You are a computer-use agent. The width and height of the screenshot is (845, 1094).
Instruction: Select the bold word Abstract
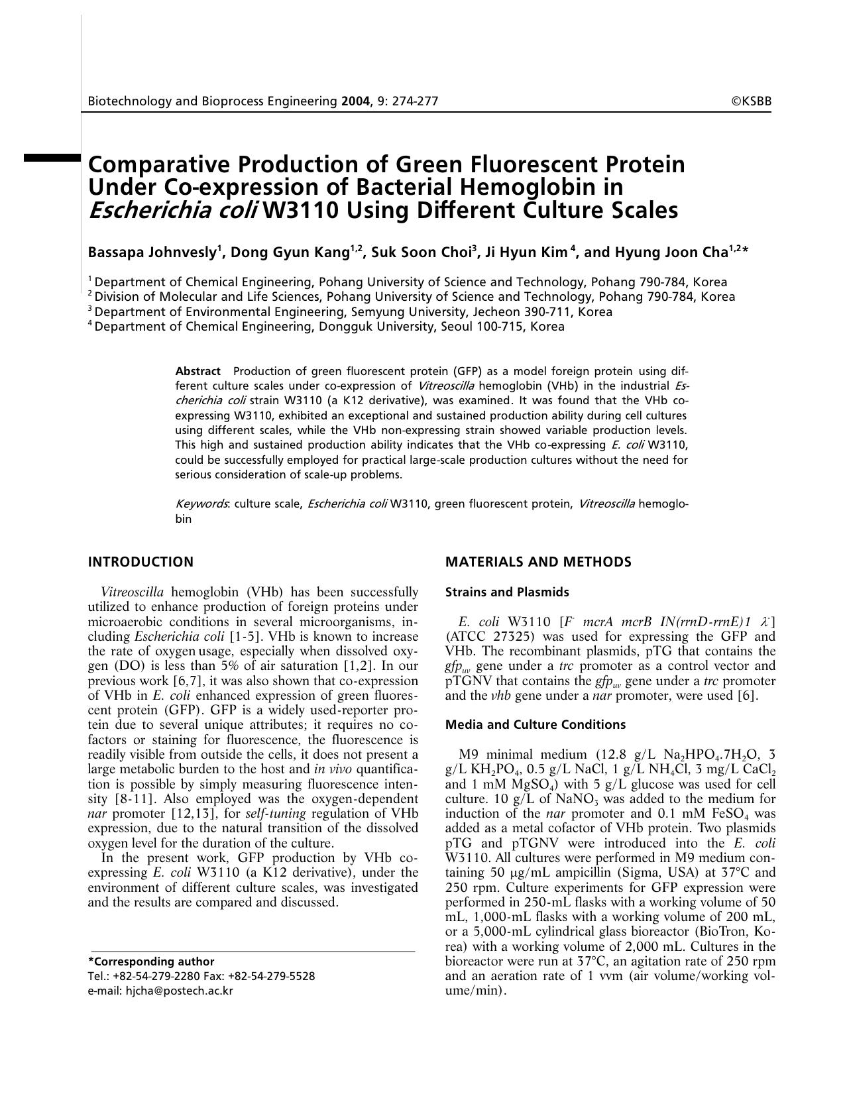tap(197, 371)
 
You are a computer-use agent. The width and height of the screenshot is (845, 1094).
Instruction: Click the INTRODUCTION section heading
tap(141, 562)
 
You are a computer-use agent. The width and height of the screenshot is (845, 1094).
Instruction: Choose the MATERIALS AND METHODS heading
tap(538, 562)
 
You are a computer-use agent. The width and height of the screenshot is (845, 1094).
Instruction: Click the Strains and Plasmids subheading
tap(507, 592)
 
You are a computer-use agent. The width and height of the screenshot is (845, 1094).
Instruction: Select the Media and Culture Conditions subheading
tap(535, 724)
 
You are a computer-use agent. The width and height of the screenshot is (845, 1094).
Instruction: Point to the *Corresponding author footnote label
tap(151, 961)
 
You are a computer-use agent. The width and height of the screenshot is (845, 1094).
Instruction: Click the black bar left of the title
tap(52, 158)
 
